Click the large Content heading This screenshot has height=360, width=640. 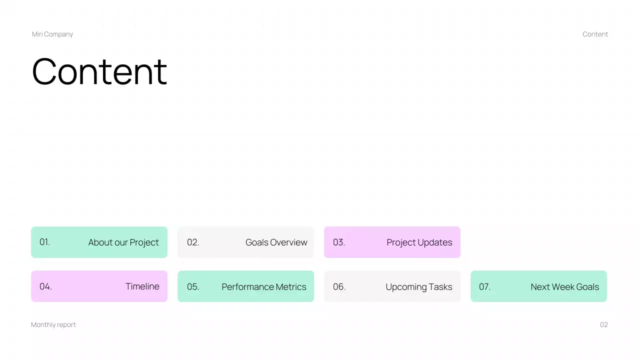pos(99,71)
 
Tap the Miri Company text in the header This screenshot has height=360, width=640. pos(52,34)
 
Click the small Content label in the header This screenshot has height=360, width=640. pos(595,34)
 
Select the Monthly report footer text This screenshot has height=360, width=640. pos(53,324)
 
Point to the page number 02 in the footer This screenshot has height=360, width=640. pos(604,324)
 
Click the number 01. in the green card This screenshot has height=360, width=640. pos(45,242)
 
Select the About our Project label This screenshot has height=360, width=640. pos(123,242)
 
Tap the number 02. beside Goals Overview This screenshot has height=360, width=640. pos(193,242)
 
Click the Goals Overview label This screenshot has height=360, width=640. pos(276,242)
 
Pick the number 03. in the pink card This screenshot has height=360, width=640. pos(339,242)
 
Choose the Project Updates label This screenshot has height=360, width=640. pos(419,242)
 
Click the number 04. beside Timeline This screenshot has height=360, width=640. pos(45,286)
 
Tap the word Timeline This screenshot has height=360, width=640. pos(142,286)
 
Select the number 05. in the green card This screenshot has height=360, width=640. pos(193,287)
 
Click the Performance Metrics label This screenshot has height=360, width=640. pos(264,287)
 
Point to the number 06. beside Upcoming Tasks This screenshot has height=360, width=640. pos(339,287)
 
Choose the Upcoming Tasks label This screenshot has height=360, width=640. pos(419,287)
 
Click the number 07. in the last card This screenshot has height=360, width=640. pos(484,287)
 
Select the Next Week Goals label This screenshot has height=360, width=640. pos(564,287)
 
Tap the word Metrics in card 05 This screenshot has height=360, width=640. pos(289,287)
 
